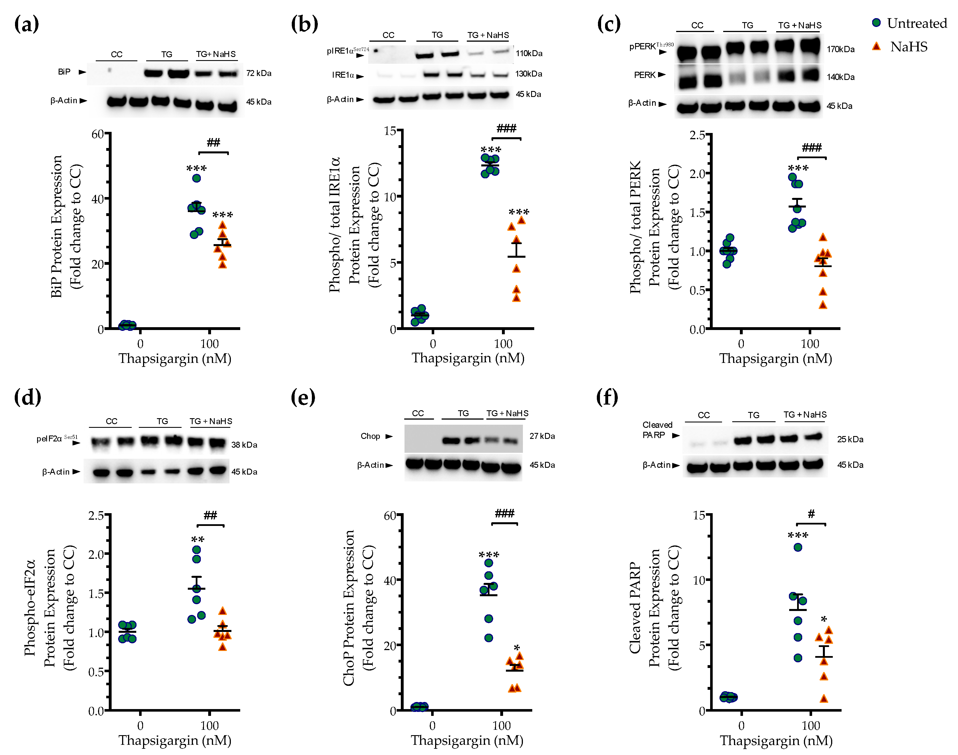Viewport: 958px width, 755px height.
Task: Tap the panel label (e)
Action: click(x=303, y=397)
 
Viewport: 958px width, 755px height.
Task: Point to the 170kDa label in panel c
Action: click(x=840, y=49)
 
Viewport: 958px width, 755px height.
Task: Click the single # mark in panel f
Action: click(x=811, y=514)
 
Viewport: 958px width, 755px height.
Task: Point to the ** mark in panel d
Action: click(x=197, y=540)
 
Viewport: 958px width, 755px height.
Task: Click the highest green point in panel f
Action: click(x=798, y=547)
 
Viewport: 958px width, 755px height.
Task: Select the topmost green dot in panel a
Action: click(x=197, y=178)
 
